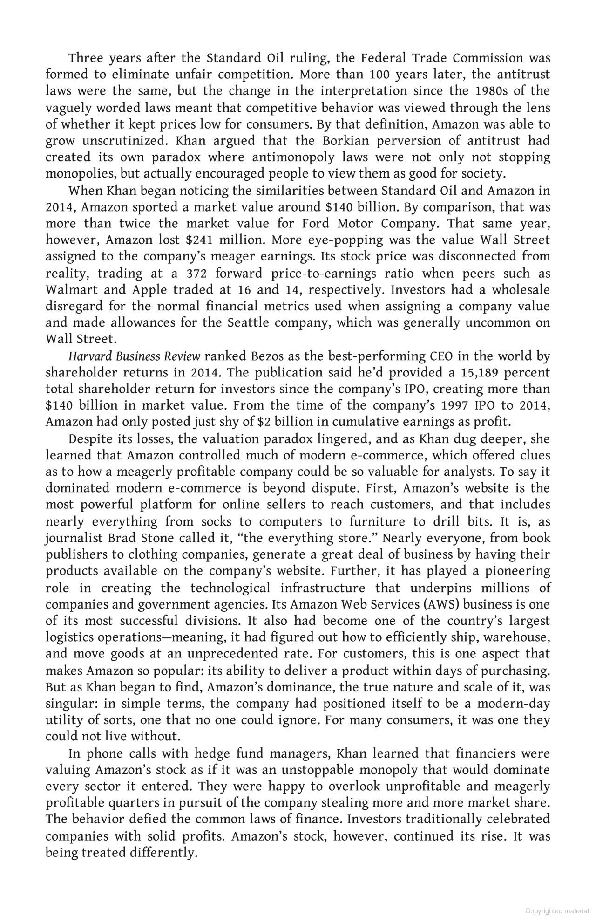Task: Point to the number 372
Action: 196,273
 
